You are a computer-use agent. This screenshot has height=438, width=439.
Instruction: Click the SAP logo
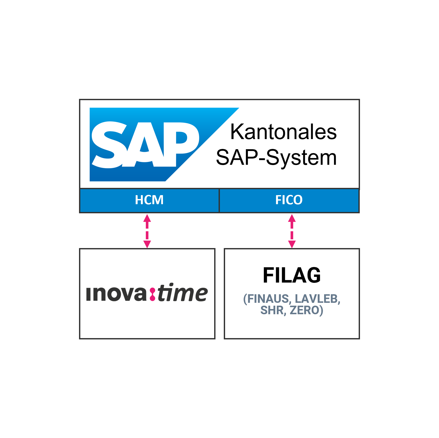pos(164,144)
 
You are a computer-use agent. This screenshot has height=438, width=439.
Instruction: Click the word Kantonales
pos(284,132)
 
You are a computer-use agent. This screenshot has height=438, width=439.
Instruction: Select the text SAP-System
pos(276,158)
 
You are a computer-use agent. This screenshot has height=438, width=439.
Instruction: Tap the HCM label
pos(149,200)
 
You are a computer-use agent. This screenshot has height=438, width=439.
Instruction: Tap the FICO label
pos(289,200)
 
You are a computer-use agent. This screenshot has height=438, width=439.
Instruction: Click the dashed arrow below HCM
pos(147,231)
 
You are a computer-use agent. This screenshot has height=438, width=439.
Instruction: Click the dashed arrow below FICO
pos(292,231)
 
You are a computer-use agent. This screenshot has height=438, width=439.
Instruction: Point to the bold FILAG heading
pos(292,275)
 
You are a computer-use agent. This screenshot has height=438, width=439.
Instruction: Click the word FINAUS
pos(267,299)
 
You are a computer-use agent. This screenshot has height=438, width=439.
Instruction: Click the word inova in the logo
pos(116,294)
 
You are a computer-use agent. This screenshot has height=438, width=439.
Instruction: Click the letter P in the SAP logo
pos(179,144)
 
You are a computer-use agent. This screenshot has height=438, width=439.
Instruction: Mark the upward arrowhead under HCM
pos(147,218)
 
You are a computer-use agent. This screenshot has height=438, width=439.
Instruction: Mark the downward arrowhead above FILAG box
pos(292,244)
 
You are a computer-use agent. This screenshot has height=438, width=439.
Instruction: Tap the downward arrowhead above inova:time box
pos(147,244)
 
